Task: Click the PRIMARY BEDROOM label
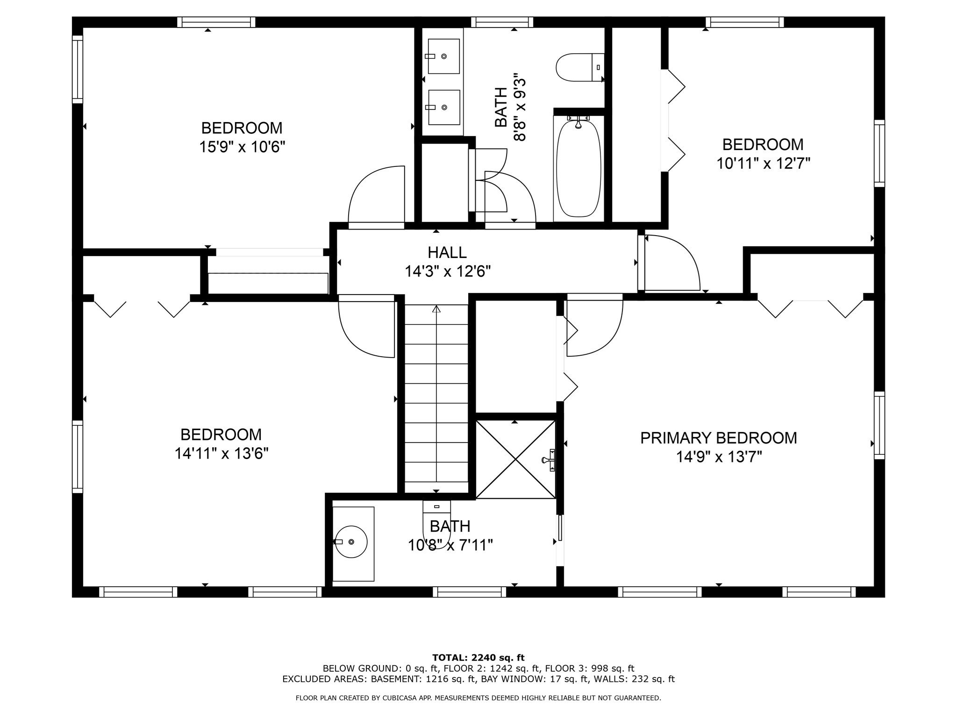718,438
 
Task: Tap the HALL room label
447,252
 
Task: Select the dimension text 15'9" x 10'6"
242,147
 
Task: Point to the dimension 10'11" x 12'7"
763,164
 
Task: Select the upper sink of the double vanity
443,56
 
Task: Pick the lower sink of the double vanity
443,107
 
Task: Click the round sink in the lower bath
351,542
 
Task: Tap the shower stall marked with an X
515,460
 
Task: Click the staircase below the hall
436,397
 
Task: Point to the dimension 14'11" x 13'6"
221,453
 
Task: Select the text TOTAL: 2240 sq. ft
478,658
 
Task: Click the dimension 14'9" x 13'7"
719,457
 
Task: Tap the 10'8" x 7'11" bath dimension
450,545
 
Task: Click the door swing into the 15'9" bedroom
376,196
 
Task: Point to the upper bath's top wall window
502,22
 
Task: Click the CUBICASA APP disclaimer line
478,698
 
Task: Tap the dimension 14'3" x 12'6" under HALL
447,272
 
